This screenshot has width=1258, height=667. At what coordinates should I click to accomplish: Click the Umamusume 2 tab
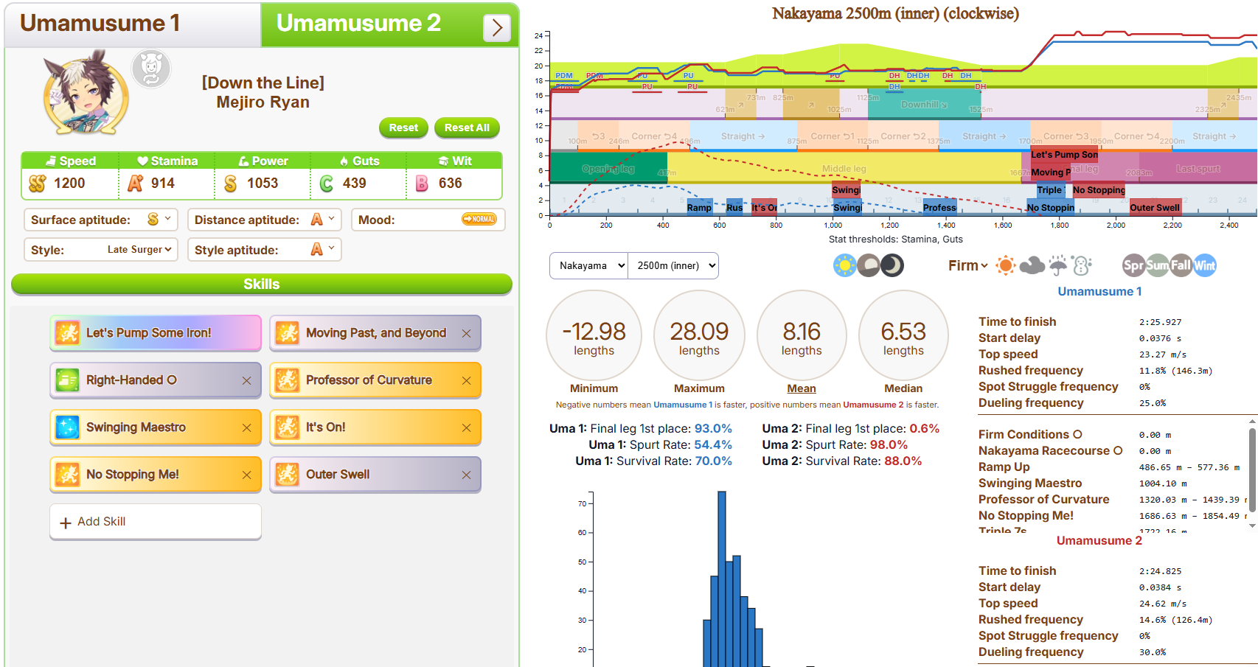358,24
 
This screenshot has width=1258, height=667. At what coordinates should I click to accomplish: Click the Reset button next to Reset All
403,128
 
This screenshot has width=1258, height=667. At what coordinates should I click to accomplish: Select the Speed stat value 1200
69,184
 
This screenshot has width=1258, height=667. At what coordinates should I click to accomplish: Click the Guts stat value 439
354,184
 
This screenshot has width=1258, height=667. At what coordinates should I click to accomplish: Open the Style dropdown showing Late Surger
139,250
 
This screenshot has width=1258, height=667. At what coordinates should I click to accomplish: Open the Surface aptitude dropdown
159,220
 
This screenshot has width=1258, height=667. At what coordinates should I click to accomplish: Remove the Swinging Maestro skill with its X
246,428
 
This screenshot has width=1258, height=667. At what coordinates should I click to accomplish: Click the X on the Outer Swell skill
466,475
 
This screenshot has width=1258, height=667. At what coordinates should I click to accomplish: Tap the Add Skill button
156,522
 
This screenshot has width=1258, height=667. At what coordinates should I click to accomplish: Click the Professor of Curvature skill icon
287,380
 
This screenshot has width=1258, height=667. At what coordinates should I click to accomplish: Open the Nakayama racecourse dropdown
588,266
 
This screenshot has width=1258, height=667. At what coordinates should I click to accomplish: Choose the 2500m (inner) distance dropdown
673,266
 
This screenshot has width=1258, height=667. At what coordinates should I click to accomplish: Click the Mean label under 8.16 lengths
801,388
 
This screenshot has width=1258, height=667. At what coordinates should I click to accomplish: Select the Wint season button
1204,265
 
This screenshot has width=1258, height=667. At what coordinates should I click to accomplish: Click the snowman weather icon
1082,265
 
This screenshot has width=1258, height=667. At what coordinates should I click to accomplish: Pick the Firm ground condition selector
967,265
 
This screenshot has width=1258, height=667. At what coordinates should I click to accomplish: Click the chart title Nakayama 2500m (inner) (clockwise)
895,13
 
